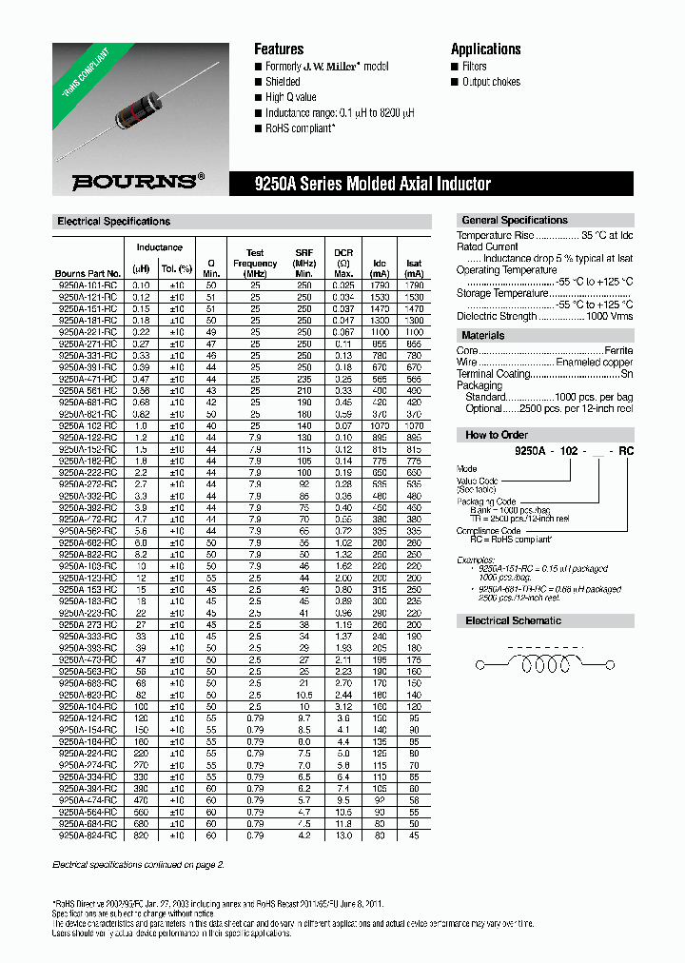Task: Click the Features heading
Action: pos(279,49)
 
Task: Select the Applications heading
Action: pos(485,49)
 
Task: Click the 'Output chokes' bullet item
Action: pos(491,82)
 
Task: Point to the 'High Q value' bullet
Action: pos(290,97)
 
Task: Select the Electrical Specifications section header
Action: pos(114,222)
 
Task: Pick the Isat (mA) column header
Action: pos(414,263)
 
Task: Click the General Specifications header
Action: pos(514,221)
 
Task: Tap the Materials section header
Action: pos(483,336)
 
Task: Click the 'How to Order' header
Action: pos(496,435)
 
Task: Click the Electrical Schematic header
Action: pos(513,620)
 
